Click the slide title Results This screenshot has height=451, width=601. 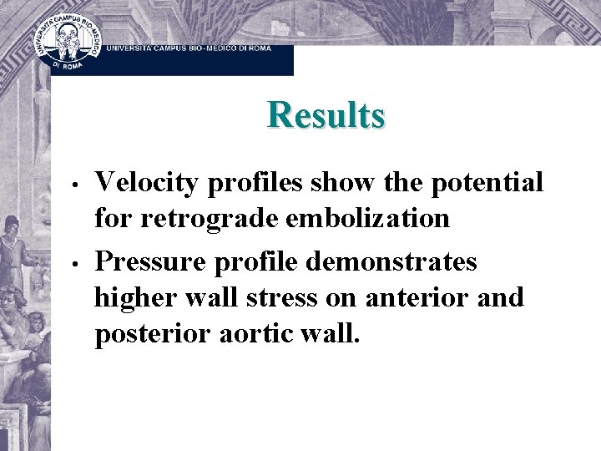click(326, 114)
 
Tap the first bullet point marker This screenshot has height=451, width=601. click(75, 183)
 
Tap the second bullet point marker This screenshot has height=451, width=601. click(75, 261)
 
